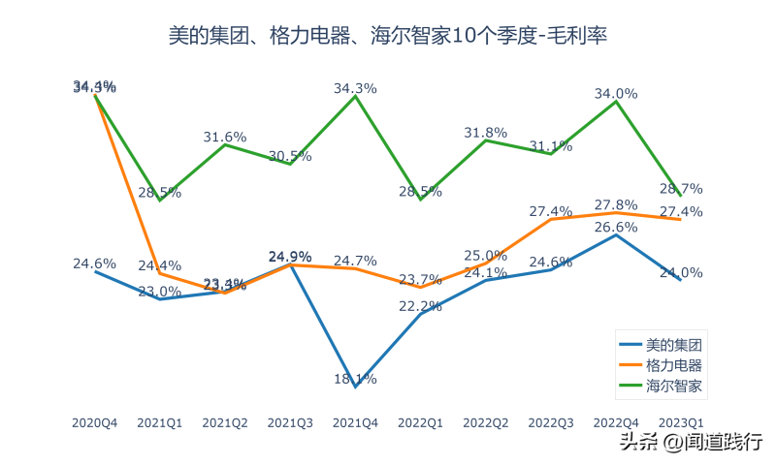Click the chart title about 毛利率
coord(388,37)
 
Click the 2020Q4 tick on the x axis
coord(95,423)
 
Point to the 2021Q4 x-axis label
coord(355,423)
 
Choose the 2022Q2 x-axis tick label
coord(486,423)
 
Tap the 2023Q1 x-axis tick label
coord(681,423)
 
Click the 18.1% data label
coord(355,379)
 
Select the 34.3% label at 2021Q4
coord(355,88)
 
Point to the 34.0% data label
coord(616,94)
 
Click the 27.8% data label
coord(616,204)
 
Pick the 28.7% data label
coord(681,188)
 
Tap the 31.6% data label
coord(225,137)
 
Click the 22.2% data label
coord(420,306)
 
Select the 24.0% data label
coord(681,272)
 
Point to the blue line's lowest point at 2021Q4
coord(355,387)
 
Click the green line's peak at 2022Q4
coord(616,101)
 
